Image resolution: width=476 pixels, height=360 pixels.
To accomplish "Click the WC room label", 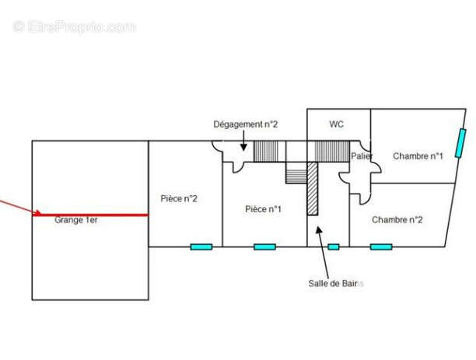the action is click(337, 124).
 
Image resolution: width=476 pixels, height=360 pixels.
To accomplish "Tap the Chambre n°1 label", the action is click(418, 156).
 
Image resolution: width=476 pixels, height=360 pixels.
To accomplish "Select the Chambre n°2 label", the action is click(397, 219).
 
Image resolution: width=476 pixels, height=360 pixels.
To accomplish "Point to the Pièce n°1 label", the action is click(263, 209).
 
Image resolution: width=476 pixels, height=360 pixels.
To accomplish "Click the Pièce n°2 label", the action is click(179, 198).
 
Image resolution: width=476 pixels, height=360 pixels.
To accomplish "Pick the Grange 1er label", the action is click(76, 220).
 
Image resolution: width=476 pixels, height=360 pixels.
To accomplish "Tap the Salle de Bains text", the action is click(336, 283).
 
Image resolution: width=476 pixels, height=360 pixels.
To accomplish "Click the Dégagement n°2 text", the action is click(246, 124).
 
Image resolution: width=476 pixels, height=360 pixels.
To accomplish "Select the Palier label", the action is click(362, 156).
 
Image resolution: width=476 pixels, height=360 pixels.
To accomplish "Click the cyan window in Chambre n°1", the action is click(460, 143).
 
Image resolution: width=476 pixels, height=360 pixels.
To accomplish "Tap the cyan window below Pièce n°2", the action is click(201, 246).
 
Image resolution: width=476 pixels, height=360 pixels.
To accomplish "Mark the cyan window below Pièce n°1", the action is click(264, 246).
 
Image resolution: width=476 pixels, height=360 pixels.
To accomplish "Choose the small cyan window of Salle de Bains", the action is click(334, 246).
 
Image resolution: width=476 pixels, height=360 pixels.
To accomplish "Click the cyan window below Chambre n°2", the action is click(381, 246).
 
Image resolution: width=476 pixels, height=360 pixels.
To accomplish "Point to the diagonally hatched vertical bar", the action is click(313, 188).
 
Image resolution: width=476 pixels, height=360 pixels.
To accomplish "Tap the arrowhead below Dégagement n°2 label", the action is click(243, 147).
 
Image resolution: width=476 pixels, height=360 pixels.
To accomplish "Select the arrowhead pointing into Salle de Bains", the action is click(317, 230).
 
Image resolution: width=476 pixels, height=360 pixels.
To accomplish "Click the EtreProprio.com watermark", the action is click(75, 26).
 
